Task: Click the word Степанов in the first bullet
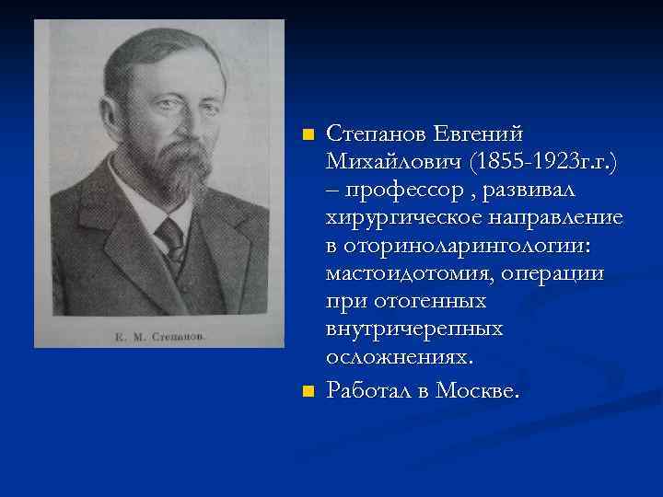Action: click(374, 136)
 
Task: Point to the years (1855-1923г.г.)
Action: click(543, 163)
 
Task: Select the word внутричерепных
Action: click(414, 329)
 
